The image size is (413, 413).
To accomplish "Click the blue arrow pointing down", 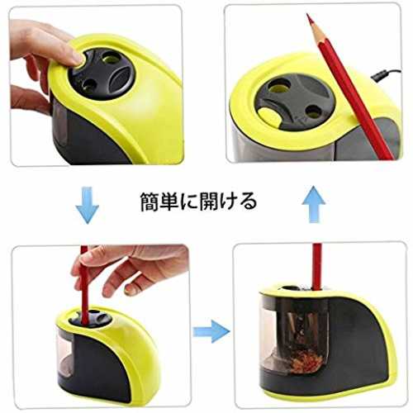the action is [x=87, y=205].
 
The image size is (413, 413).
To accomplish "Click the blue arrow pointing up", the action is [x=314, y=204].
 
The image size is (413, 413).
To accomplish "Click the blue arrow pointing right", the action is [x=211, y=331].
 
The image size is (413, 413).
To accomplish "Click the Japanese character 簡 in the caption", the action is [x=150, y=202].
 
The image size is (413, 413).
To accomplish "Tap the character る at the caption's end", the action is [x=247, y=202].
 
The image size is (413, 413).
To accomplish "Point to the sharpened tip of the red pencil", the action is [x=309, y=16].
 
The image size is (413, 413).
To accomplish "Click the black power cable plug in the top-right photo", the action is [x=378, y=75].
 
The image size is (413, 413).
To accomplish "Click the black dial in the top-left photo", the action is [x=102, y=74].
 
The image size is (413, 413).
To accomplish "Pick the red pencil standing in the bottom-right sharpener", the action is [x=316, y=266].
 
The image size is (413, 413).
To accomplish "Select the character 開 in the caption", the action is [x=209, y=202].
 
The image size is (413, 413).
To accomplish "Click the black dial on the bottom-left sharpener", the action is [x=90, y=319].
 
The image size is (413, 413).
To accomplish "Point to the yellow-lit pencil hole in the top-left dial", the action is [x=112, y=59].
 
